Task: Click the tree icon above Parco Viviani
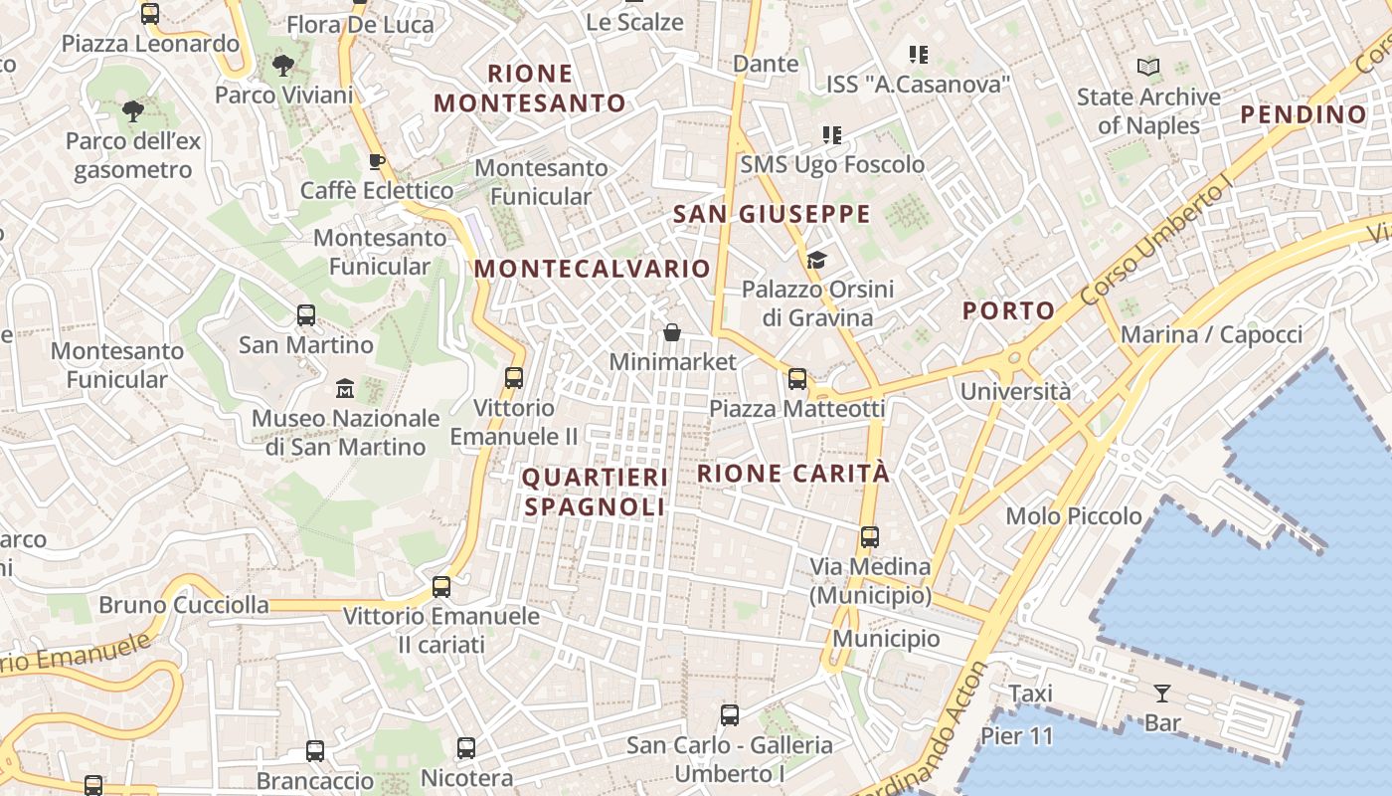pos(283,67)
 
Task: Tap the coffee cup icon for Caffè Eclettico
pos(377,161)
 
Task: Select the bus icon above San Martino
pos(306,315)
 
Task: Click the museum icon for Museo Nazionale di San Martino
pos(345,388)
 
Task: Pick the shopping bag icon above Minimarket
pos(672,332)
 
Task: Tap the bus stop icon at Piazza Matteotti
pos(797,378)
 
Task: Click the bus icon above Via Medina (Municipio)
pos(870,537)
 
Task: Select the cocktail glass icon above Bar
pos(1162,694)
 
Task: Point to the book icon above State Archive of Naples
pos(1148,68)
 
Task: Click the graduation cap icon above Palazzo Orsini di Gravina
pos(816,261)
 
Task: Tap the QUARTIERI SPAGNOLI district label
pos(596,492)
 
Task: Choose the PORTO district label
pos(1008,310)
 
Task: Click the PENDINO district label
pos(1304,114)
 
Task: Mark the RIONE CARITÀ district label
pos(793,474)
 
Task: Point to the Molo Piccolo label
pos(1074,515)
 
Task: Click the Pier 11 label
pos(1016,736)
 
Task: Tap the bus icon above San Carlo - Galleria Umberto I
pos(730,714)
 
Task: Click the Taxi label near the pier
pos(1030,694)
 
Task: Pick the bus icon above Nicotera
pos(466,748)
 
